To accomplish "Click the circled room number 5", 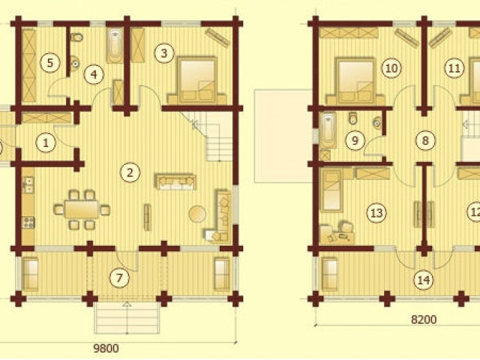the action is pyautogui.click(x=50, y=62).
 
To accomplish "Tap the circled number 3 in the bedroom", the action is pyautogui.click(x=164, y=53).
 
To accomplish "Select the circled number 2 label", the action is pyautogui.click(x=130, y=172).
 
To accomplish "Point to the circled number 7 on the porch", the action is pyautogui.click(x=119, y=277).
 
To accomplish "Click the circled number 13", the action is pyautogui.click(x=376, y=212).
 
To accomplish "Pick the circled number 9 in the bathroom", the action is pyautogui.click(x=355, y=140).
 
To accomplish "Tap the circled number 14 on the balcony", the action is pyautogui.click(x=424, y=280).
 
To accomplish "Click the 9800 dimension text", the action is pyautogui.click(x=106, y=348).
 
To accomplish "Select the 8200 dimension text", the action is pyautogui.click(x=424, y=319).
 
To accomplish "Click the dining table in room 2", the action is pyautogui.click(x=82, y=210).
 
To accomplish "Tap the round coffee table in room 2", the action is pyautogui.click(x=197, y=213).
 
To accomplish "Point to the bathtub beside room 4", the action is pyautogui.click(x=115, y=45).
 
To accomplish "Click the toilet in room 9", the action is pyautogui.click(x=353, y=118).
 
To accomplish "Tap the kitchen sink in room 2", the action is pyautogui.click(x=28, y=185).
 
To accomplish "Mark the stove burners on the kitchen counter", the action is pyautogui.click(x=28, y=223).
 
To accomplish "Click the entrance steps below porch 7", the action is pyautogui.click(x=127, y=318).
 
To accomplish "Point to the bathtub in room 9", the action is pyautogui.click(x=328, y=131).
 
